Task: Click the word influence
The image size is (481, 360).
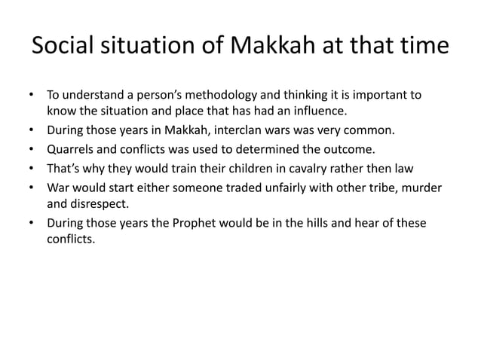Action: [x=319, y=113]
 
